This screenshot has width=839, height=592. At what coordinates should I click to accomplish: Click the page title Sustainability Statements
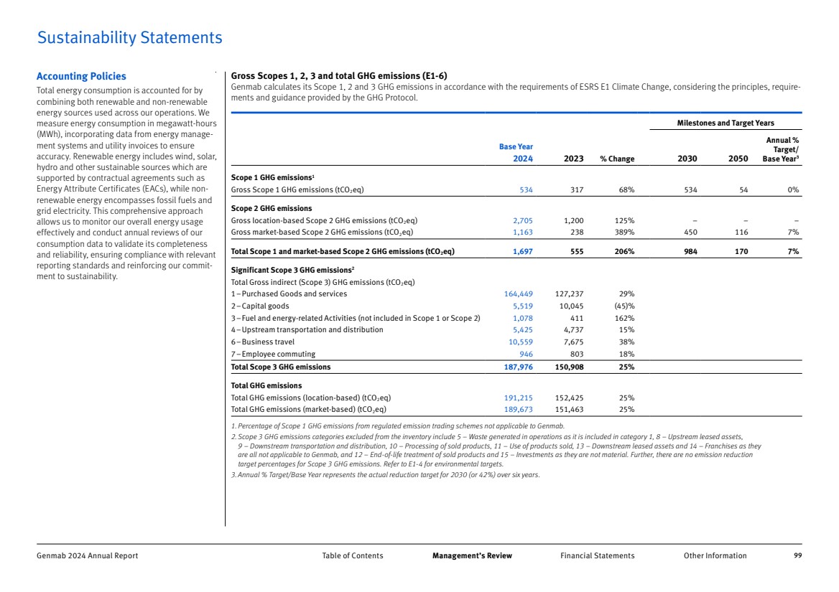click(129, 38)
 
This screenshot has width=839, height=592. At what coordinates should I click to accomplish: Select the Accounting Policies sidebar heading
click(81, 76)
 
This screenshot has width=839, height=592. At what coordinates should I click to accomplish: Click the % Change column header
click(616, 159)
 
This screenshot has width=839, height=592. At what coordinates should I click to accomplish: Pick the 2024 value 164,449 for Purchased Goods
click(518, 293)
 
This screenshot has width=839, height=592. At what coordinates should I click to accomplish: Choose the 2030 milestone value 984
click(688, 251)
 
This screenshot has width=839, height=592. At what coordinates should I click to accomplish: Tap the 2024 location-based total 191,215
click(518, 398)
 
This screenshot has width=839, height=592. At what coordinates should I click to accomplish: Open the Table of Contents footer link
click(353, 555)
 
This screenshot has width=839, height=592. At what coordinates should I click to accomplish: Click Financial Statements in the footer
click(597, 555)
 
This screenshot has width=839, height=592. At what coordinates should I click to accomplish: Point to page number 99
click(797, 555)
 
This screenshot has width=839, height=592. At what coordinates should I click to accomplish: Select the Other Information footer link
click(715, 555)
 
